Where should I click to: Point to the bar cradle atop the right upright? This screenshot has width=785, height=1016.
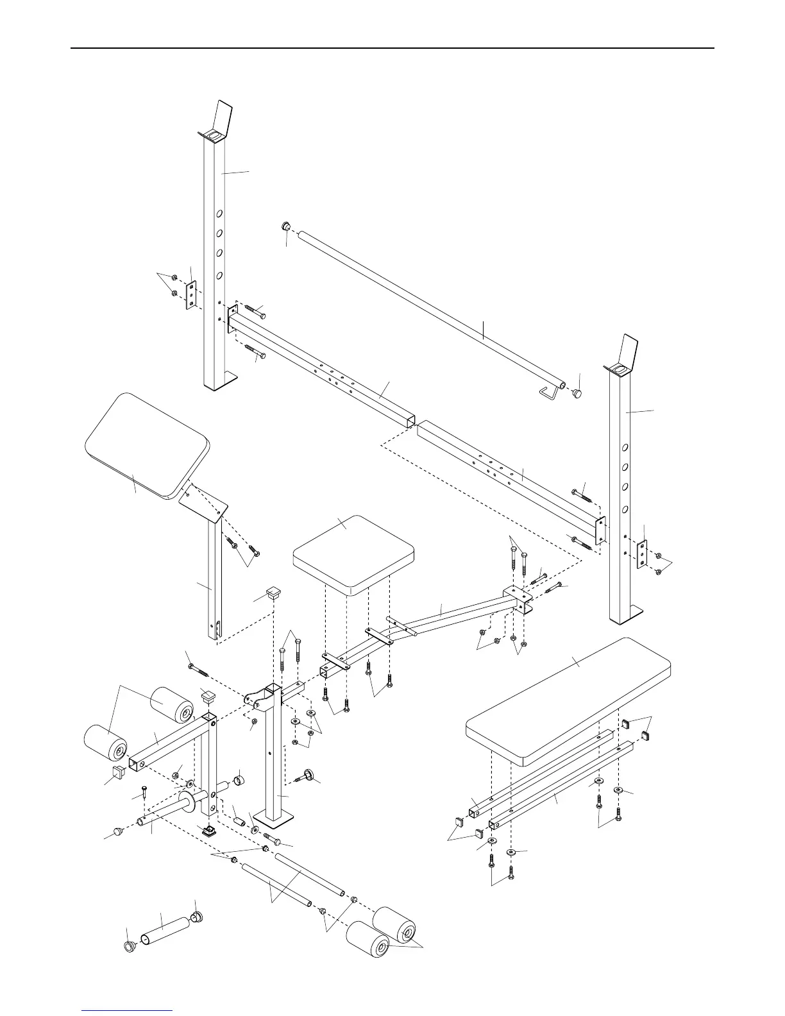[624, 358]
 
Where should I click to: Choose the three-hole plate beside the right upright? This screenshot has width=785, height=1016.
[641, 555]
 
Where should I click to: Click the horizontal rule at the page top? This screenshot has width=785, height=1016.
[392, 48]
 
